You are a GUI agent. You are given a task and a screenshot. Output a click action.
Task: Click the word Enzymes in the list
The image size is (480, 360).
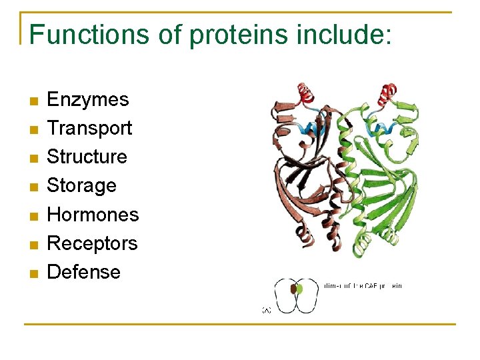click(88, 100)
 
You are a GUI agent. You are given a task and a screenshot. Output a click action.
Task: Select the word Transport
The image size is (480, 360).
click(89, 128)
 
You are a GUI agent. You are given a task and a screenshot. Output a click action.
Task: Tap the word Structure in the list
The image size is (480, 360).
click(87, 157)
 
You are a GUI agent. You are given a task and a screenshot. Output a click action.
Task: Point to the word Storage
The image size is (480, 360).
click(81, 185)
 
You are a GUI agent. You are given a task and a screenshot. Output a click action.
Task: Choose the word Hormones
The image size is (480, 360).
click(93, 215)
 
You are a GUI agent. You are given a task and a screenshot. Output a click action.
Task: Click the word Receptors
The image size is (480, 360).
click(92, 243)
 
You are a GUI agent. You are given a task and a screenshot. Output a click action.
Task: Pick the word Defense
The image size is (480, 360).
click(84, 272)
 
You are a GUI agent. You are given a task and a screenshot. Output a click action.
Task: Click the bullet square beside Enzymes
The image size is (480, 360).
click(33, 101)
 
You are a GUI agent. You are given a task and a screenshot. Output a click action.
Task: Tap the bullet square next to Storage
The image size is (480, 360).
click(33, 187)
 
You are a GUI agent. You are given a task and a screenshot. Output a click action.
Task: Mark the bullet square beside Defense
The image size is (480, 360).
click(33, 273)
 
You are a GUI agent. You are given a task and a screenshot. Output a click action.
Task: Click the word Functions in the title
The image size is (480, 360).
click(89, 34)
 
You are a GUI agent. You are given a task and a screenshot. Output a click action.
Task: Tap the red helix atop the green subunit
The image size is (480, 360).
click(387, 93)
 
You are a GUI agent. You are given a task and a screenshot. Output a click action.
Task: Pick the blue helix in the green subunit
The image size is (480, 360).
click(383, 127)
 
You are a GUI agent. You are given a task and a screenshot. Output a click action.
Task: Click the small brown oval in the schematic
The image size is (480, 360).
click(293, 289)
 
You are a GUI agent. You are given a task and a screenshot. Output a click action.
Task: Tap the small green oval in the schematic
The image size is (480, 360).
click(299, 289)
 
